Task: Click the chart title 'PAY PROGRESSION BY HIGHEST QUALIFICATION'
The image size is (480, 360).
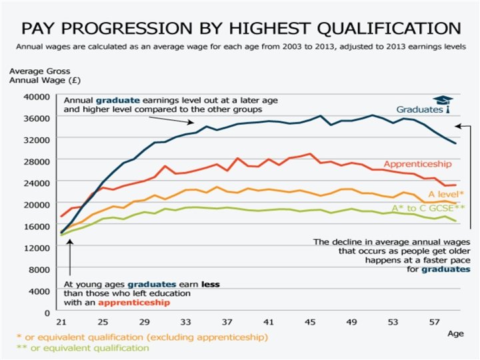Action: click(240, 29)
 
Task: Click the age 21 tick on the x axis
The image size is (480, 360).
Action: click(62, 321)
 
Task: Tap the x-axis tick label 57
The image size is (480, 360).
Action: click(433, 321)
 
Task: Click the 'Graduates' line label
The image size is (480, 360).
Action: click(419, 109)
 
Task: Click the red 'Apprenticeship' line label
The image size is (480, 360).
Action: click(418, 164)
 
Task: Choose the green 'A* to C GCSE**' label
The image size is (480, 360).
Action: click(428, 209)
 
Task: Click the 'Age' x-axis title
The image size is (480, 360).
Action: click(455, 333)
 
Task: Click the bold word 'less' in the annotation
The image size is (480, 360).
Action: click(209, 283)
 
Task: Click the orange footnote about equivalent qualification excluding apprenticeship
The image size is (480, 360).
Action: click(142, 337)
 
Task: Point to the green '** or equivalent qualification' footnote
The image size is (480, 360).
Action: click(81, 347)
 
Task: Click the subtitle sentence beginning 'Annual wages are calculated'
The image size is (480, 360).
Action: click(240, 47)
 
